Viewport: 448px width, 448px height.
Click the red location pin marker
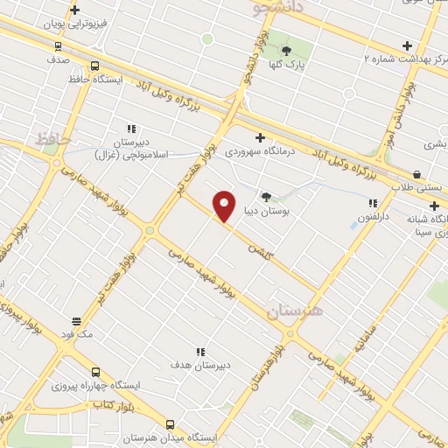(x=224, y=206)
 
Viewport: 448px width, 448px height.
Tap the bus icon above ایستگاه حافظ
(x=94, y=66)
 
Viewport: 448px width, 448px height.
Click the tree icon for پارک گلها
(x=285, y=50)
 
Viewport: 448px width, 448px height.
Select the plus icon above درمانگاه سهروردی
(x=260, y=137)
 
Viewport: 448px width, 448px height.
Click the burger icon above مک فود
(x=76, y=320)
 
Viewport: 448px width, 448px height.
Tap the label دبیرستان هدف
(x=200, y=365)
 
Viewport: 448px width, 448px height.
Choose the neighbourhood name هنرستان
(x=295, y=311)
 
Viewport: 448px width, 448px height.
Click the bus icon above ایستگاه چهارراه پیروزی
(x=94, y=371)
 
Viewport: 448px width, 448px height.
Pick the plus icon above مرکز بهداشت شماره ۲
(x=406, y=45)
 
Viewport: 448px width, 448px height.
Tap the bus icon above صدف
(x=59, y=46)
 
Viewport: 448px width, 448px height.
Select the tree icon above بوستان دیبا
(x=266, y=198)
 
